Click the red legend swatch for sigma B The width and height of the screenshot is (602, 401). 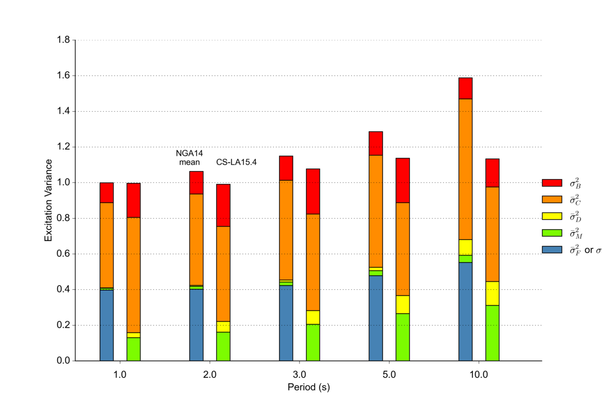click(551, 183)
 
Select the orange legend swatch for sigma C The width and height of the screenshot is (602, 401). click(551, 200)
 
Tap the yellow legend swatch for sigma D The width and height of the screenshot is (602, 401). click(551, 217)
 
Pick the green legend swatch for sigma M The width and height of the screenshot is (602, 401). click(551, 233)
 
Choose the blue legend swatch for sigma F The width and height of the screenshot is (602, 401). click(551, 249)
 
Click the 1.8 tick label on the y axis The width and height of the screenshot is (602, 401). click(63, 40)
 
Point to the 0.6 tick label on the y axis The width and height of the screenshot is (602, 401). click(63, 254)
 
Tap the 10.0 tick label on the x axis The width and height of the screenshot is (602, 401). click(479, 374)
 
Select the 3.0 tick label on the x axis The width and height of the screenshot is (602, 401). click(299, 374)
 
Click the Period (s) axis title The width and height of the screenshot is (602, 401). click(309, 387)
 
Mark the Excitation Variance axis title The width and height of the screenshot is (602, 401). click(49, 200)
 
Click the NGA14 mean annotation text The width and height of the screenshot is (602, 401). click(189, 157)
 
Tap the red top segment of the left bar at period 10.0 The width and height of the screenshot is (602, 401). click(466, 88)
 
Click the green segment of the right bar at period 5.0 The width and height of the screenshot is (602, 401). click(402, 337)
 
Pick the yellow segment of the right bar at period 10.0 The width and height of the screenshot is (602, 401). click(492, 293)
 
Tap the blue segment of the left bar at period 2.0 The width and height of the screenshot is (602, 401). click(196, 325)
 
